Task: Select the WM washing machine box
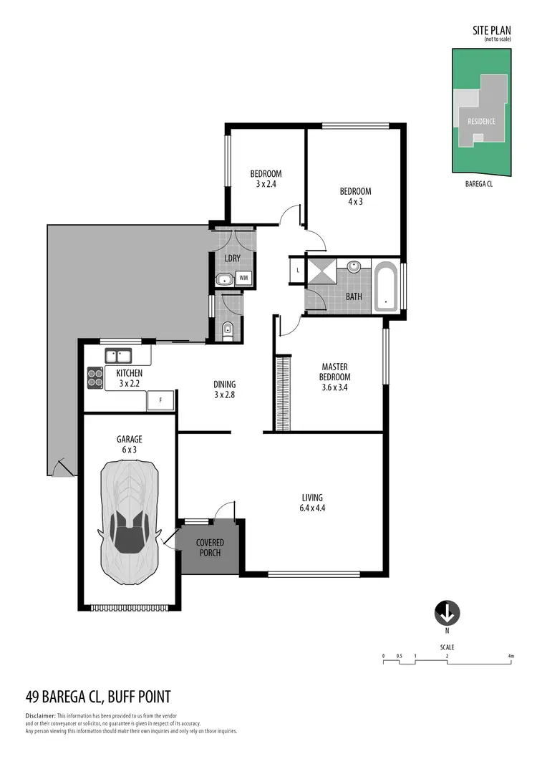[244, 278]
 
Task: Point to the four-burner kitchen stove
[95, 377]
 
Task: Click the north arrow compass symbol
[447, 613]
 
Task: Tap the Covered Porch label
[210, 548]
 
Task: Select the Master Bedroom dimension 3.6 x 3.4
[334, 389]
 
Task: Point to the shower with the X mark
[322, 273]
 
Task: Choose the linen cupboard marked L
[297, 270]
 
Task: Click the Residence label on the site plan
[481, 121]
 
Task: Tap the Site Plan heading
[491, 30]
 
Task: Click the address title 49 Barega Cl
[97, 697]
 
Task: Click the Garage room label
[130, 439]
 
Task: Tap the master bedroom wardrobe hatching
[284, 395]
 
